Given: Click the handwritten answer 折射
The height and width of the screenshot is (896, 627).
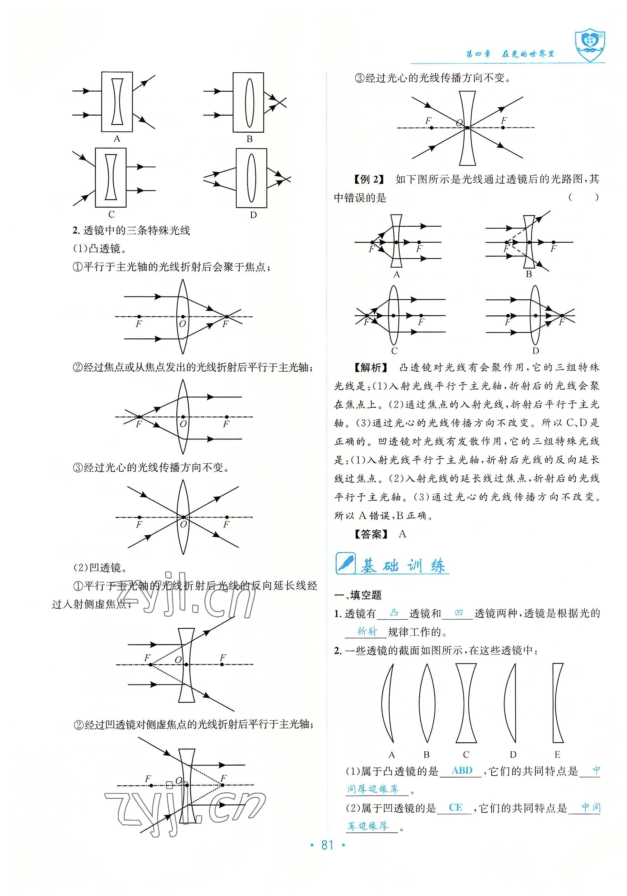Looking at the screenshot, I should (x=367, y=631).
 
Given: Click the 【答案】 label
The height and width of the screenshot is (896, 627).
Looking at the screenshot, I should (x=371, y=534).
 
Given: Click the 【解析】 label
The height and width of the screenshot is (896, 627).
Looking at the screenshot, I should (x=371, y=367).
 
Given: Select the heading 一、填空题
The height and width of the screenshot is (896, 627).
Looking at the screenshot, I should (x=358, y=595).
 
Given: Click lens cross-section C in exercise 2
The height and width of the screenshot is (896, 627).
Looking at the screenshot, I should (x=466, y=702).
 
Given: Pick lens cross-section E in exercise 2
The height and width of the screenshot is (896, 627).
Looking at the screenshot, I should (x=558, y=702).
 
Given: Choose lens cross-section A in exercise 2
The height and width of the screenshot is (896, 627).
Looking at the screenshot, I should (x=388, y=702).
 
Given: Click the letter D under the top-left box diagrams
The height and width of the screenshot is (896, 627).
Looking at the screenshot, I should (x=253, y=215).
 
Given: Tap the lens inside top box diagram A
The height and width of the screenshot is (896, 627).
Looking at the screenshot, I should (x=117, y=102).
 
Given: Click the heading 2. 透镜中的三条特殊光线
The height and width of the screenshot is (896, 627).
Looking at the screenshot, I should (x=131, y=231).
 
